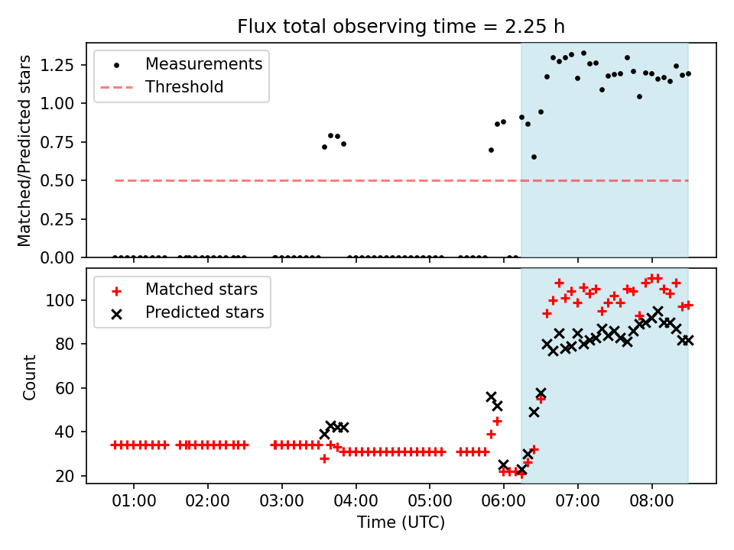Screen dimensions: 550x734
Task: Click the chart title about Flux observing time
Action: pyautogui.click(x=401, y=27)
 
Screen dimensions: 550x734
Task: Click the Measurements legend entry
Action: pyautogui.click(x=203, y=63)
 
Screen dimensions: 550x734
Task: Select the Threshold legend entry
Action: pyautogui.click(x=184, y=87)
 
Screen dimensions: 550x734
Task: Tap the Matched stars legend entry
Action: pyautogui.click(x=201, y=290)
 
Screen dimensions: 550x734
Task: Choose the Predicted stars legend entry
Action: pyautogui.click(x=204, y=312)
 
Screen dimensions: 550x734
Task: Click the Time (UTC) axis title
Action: pyautogui.click(x=401, y=523)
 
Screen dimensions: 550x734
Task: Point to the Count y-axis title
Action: pyautogui.click(x=30, y=377)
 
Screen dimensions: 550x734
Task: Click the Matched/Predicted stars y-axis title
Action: pyautogui.click(x=25, y=150)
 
